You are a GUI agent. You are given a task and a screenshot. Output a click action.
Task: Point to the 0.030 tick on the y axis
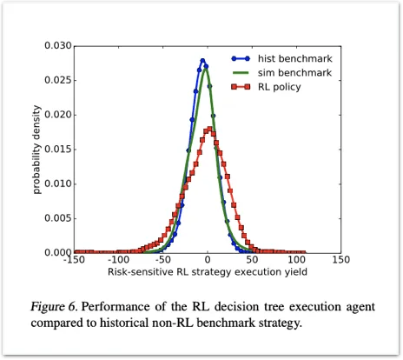click(x=56, y=45)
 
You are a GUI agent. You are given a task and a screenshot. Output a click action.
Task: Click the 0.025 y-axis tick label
click(x=56, y=80)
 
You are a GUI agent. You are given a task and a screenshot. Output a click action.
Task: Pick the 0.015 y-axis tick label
click(x=56, y=150)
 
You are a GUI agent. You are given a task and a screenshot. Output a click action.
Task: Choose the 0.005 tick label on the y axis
click(x=56, y=218)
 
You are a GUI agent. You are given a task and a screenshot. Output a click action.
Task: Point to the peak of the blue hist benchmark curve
click(x=203, y=61)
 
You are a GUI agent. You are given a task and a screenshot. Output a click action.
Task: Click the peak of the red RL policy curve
click(x=208, y=129)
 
